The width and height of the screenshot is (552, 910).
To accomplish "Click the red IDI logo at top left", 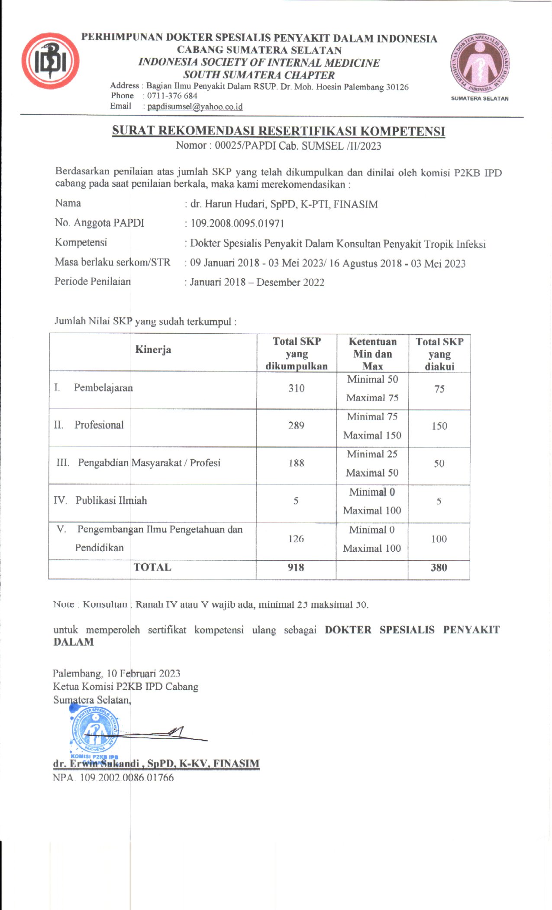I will tap(50, 61).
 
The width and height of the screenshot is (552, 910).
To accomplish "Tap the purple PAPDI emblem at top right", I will tap(480, 64).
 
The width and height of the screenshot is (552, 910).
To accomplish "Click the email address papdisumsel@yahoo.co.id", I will tap(195, 107).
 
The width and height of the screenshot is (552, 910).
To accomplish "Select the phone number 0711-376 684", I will tap(172, 96).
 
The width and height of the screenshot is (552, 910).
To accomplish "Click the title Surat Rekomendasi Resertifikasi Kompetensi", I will tap(278, 131).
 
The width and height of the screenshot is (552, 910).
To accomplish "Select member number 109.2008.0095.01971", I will tap(237, 224).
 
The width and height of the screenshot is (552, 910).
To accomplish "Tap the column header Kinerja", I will tap(153, 350).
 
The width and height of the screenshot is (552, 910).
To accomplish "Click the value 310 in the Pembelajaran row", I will tap(297, 388).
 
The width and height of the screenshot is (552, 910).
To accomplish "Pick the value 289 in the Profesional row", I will tap(296, 426).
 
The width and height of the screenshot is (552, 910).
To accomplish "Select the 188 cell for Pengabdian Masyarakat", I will tap(296, 463).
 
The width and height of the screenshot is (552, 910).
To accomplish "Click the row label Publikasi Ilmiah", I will tap(111, 500).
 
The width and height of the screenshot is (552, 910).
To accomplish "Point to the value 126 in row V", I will tap(296, 539).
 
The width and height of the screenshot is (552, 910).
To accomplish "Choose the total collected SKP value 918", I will tap(296, 567).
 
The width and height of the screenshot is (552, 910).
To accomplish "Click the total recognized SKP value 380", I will tap(439, 567).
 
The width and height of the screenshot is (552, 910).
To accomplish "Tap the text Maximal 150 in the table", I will tap(372, 435).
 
